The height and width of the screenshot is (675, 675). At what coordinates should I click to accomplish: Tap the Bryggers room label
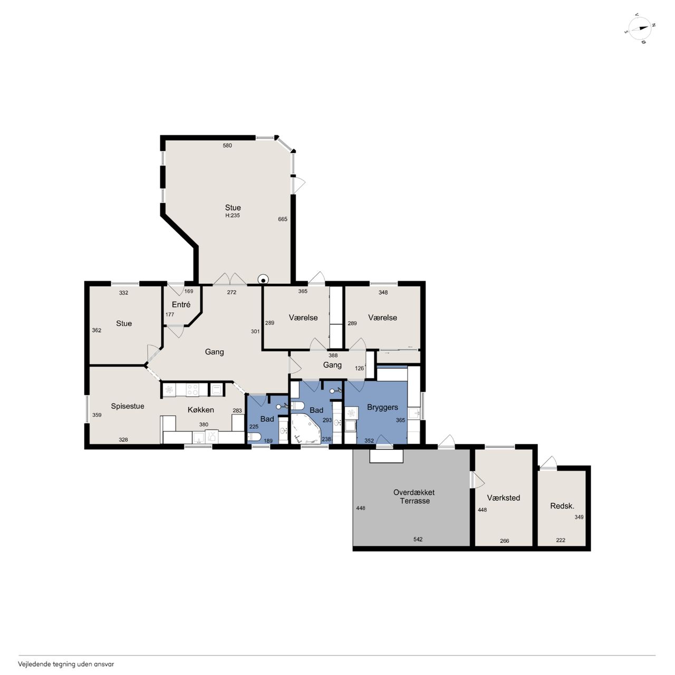(382, 407)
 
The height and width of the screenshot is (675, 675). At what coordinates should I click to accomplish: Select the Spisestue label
(128, 406)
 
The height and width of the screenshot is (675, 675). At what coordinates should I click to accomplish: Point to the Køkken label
(201, 410)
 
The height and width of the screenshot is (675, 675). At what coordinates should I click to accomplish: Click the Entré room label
(181, 304)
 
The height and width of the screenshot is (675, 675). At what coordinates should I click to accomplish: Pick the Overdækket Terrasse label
(414, 496)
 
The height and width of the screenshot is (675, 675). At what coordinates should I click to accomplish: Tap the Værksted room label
(504, 498)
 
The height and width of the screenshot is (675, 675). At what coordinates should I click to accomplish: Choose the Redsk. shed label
(562, 506)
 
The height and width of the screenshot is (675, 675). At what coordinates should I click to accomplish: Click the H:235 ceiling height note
(233, 216)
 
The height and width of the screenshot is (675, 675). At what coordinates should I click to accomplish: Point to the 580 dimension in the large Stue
(227, 146)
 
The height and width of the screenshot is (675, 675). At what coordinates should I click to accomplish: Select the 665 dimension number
(283, 219)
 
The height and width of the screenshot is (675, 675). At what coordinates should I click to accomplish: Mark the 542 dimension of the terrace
(418, 539)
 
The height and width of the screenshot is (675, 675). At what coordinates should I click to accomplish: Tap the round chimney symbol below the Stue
(263, 279)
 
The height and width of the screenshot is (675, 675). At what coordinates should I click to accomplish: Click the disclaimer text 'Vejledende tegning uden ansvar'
(66, 664)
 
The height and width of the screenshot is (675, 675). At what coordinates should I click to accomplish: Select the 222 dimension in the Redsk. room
(561, 540)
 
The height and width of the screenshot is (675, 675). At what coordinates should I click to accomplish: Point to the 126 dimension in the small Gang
(360, 368)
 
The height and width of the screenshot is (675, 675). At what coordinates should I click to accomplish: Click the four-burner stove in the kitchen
(192, 390)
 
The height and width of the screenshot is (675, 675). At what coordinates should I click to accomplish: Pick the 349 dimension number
(579, 517)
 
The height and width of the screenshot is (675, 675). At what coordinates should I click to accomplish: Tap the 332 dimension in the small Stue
(123, 293)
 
